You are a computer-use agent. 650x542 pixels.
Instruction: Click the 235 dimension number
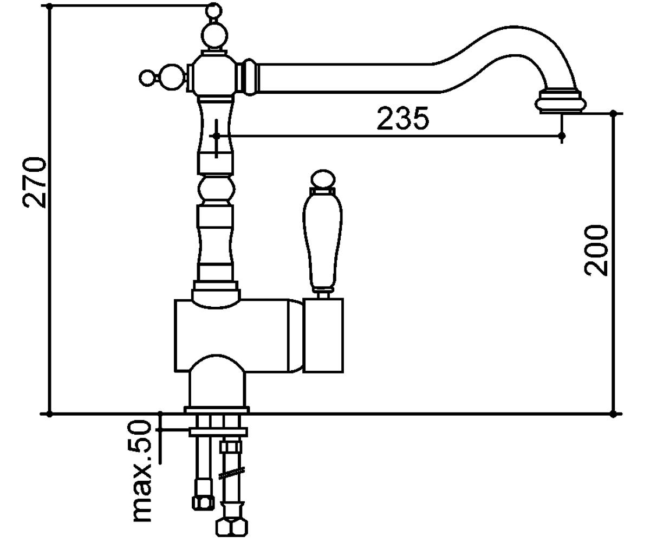coord(403,118)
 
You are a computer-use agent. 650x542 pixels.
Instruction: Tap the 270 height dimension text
coord(34,183)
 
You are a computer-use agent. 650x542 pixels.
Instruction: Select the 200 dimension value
coord(596,250)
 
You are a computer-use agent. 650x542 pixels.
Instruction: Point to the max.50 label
coord(141,470)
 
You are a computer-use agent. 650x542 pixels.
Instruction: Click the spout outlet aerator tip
coord(561,102)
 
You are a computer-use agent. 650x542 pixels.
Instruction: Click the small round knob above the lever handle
coord(323,179)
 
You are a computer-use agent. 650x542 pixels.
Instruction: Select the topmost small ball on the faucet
coord(213,10)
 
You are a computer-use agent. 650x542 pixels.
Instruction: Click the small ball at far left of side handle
coord(147,78)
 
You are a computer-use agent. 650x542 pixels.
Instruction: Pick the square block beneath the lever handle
coord(323,335)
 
